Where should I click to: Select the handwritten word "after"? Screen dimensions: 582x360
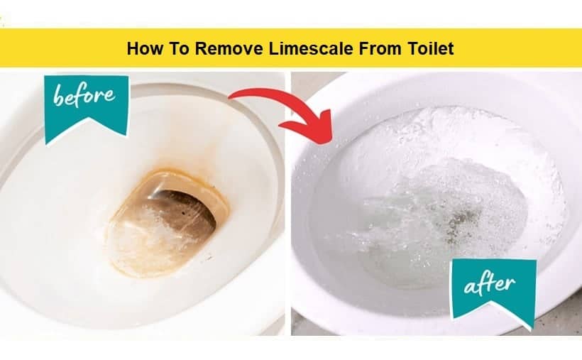[x=490, y=285]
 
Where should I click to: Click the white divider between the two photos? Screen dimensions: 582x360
[x=288, y=204]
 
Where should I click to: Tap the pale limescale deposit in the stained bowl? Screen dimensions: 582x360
[x=148, y=238]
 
